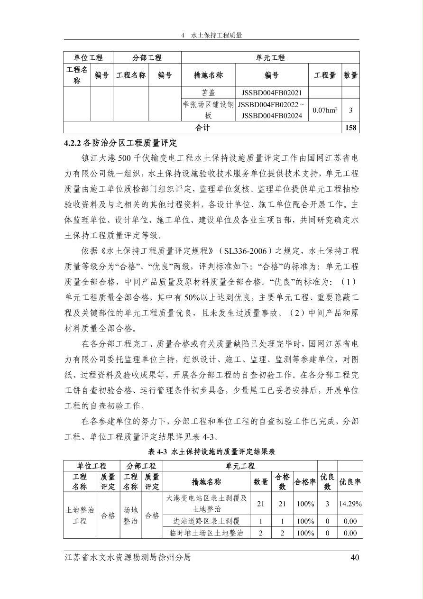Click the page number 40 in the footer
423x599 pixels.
[x=355, y=557]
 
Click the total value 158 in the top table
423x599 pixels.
[x=351, y=128]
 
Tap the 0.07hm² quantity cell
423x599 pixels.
[x=325, y=110]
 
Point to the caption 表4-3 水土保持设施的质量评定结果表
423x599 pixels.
[x=211, y=452]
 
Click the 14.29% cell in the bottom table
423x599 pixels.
[x=350, y=504]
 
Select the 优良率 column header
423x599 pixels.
[x=350, y=482]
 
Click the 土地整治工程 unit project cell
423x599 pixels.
[x=80, y=515]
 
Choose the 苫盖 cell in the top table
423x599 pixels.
[x=208, y=93]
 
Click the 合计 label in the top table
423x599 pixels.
[x=202, y=128]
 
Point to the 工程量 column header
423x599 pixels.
[x=325, y=75]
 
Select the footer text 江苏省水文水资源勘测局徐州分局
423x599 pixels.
[x=128, y=557]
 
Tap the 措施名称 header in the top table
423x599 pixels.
[x=208, y=75]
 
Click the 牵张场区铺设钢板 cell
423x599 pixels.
[x=208, y=110]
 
